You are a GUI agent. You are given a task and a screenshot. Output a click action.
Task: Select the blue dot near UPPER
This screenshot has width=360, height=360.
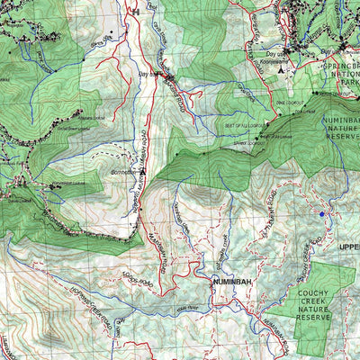(321, 213)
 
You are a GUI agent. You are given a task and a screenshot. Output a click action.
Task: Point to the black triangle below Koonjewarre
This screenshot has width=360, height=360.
(281, 67)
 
